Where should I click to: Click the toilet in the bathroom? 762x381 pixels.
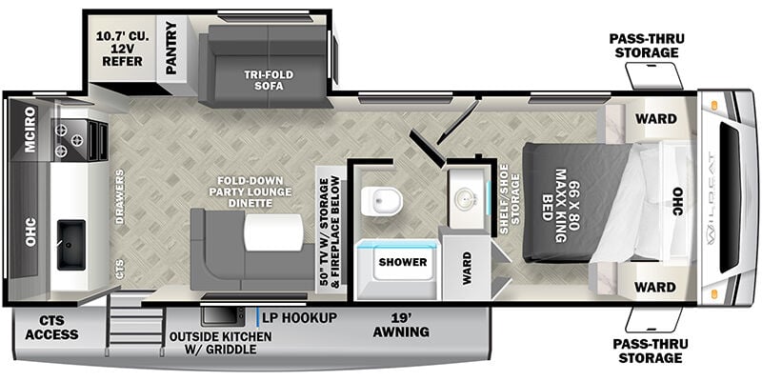click(x=382, y=201)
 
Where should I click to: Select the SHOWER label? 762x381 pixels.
click(x=403, y=263)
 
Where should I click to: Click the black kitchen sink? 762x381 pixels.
click(x=70, y=245)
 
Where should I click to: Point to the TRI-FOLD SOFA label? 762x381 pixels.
click(x=269, y=80)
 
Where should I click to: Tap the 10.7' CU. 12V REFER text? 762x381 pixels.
click(x=119, y=49)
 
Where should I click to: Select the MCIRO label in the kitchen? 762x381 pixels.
click(x=30, y=130)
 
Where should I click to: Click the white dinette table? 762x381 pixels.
click(x=273, y=232)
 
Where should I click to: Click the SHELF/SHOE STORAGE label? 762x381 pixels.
click(x=510, y=199)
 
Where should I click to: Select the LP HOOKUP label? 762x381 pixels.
click(x=299, y=318)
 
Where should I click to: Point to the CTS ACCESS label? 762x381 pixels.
click(x=51, y=328)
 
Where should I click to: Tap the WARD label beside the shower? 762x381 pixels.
click(x=467, y=268)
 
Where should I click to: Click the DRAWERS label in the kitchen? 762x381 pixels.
click(x=120, y=196)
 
